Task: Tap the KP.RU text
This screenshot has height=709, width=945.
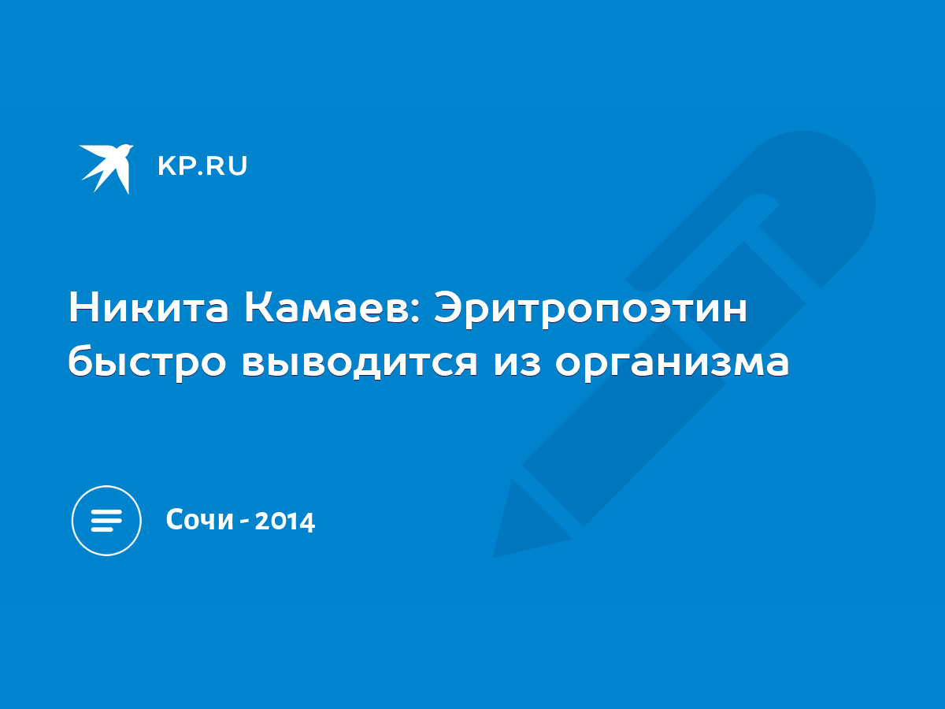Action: coord(202,165)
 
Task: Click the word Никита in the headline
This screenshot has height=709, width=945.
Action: coord(148,307)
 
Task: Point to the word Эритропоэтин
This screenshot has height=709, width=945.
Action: coord(591,310)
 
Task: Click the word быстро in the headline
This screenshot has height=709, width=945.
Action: coord(146,362)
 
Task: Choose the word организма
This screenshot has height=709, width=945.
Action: coord(672,365)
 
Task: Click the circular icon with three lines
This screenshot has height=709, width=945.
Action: coord(106,521)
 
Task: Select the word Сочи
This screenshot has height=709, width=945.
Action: coord(200,520)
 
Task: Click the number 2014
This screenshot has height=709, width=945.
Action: coord(285,521)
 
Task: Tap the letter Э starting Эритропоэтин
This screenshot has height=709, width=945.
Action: coord(447,307)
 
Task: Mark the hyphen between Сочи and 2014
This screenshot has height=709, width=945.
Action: coord(245,522)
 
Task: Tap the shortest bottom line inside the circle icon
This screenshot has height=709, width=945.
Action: coord(102,529)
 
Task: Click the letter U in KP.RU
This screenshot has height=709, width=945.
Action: coord(238,166)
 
